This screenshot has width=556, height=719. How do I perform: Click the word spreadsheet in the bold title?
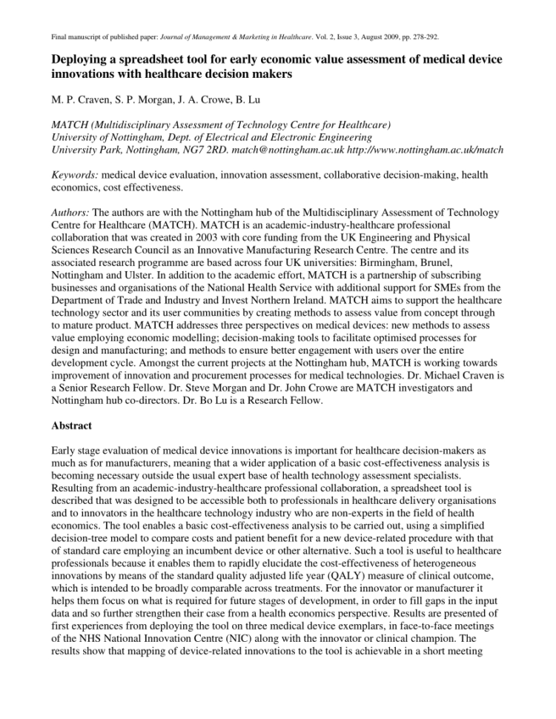166,59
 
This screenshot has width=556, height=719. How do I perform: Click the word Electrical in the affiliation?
264,137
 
